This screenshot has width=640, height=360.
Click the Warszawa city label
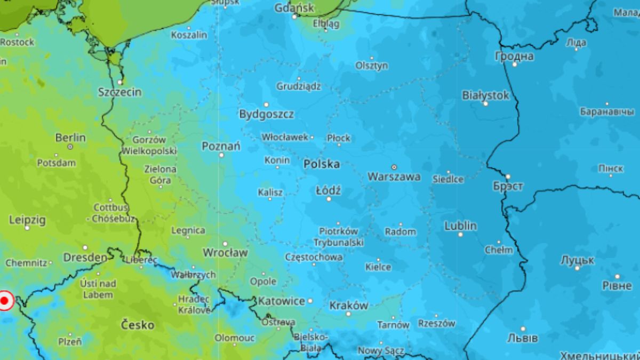[394, 177]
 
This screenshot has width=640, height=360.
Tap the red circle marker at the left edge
[5, 301]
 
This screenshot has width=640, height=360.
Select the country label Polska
[322, 164]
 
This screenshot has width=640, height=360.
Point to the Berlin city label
[70, 138]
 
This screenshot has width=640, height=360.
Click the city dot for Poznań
[222, 155]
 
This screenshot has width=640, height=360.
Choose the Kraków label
[349, 306]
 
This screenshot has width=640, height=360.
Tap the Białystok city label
[485, 95]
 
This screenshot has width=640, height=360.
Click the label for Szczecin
[120, 92]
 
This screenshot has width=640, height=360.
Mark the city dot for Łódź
[329, 199]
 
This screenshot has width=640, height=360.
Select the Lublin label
[460, 226]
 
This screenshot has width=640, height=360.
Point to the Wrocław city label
[225, 252]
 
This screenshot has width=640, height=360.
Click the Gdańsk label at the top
[294, 8]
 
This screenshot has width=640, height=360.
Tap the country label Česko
[138, 324]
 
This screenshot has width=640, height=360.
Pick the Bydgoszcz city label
[266, 114]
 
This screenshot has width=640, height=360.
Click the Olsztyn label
[372, 66]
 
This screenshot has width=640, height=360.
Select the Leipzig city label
[27, 220]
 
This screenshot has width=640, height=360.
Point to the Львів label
[523, 338]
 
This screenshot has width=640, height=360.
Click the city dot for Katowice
[310, 301]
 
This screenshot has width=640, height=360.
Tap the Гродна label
[514, 56]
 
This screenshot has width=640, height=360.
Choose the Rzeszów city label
[436, 323]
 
